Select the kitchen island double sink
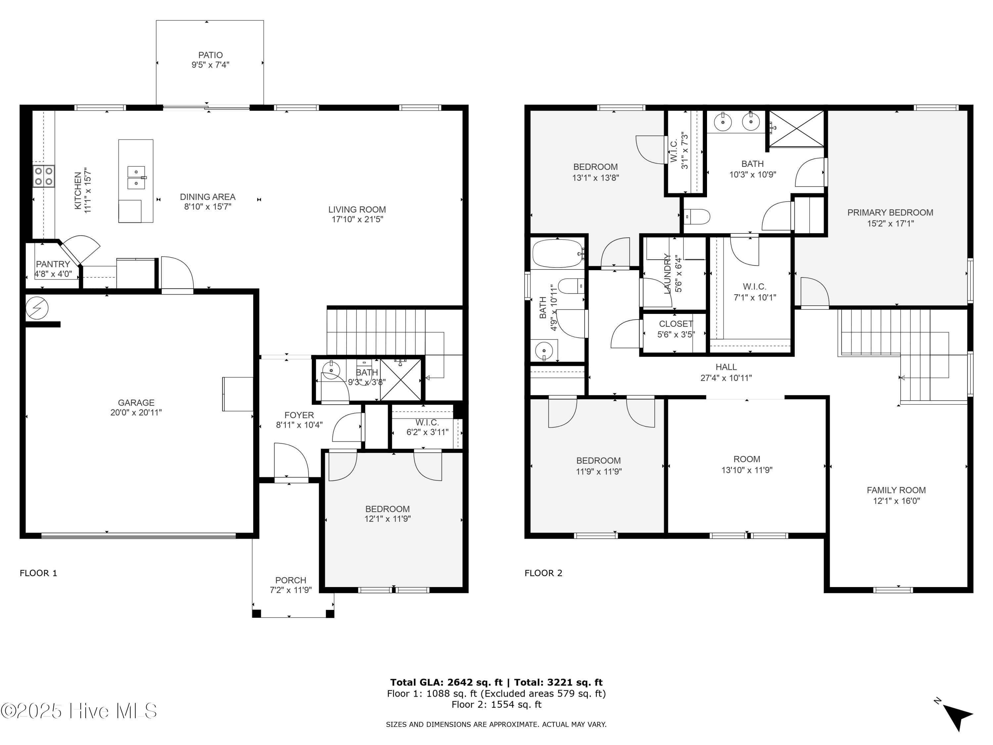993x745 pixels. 136,177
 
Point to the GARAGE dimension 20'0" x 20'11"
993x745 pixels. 136,412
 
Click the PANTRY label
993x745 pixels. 53,264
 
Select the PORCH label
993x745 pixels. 290,580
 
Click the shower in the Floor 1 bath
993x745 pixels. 401,379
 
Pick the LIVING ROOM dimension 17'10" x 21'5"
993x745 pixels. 357,220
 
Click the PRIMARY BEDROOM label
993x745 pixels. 890,213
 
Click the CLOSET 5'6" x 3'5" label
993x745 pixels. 676,324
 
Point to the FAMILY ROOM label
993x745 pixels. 896,490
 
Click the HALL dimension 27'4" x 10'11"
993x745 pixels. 726,378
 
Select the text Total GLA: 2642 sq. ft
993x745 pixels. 446,682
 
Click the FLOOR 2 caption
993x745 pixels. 543,573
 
